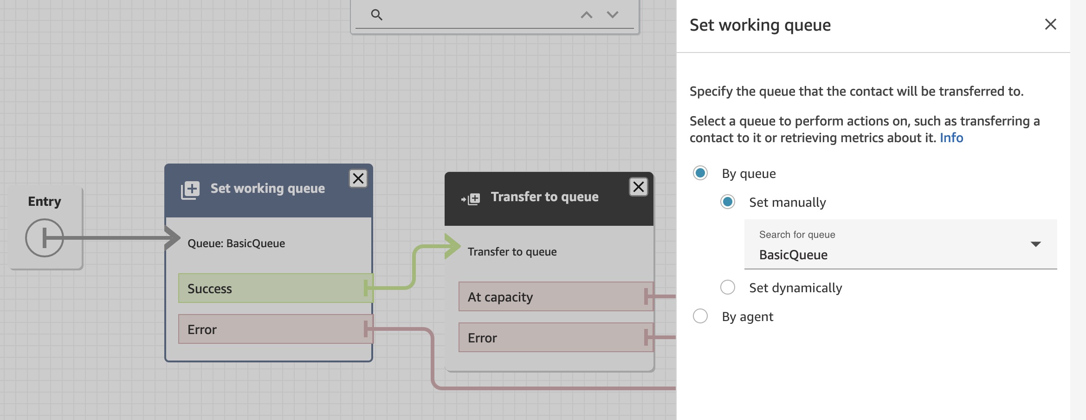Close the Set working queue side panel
(1050, 24)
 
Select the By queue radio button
(700, 173)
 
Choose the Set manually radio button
(728, 202)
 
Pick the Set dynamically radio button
(728, 287)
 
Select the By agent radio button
(700, 316)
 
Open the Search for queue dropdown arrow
(1035, 244)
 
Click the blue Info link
(951, 138)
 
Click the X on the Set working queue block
(358, 178)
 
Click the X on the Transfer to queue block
(639, 187)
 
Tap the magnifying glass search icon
(377, 15)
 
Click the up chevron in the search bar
(587, 15)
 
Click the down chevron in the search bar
(613, 15)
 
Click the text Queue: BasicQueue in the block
(236, 243)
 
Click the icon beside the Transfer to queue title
(471, 199)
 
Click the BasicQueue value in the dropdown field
(793, 255)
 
